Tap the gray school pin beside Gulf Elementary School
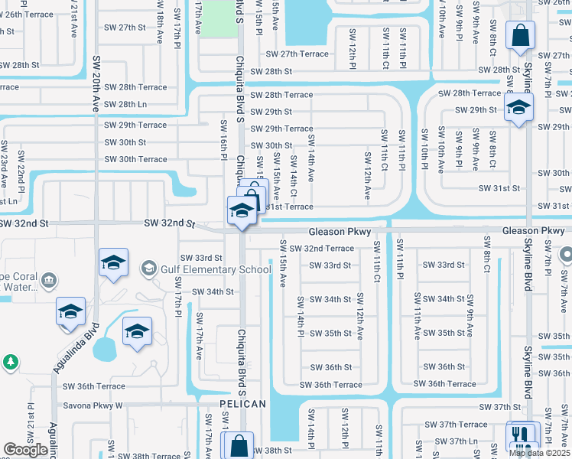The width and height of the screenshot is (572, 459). (148, 268)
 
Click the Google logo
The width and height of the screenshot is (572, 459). (25, 450)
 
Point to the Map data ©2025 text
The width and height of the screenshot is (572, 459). (539, 453)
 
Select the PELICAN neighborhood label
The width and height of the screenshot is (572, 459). (242, 404)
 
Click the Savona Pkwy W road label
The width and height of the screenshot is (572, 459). (93, 405)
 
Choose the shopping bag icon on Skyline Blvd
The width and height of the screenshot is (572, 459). (520, 35)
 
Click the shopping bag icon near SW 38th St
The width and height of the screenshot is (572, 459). (238, 444)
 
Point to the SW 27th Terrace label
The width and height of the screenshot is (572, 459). (297, 54)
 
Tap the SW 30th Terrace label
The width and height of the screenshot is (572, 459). (135, 159)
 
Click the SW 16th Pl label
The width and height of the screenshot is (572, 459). (224, 140)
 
